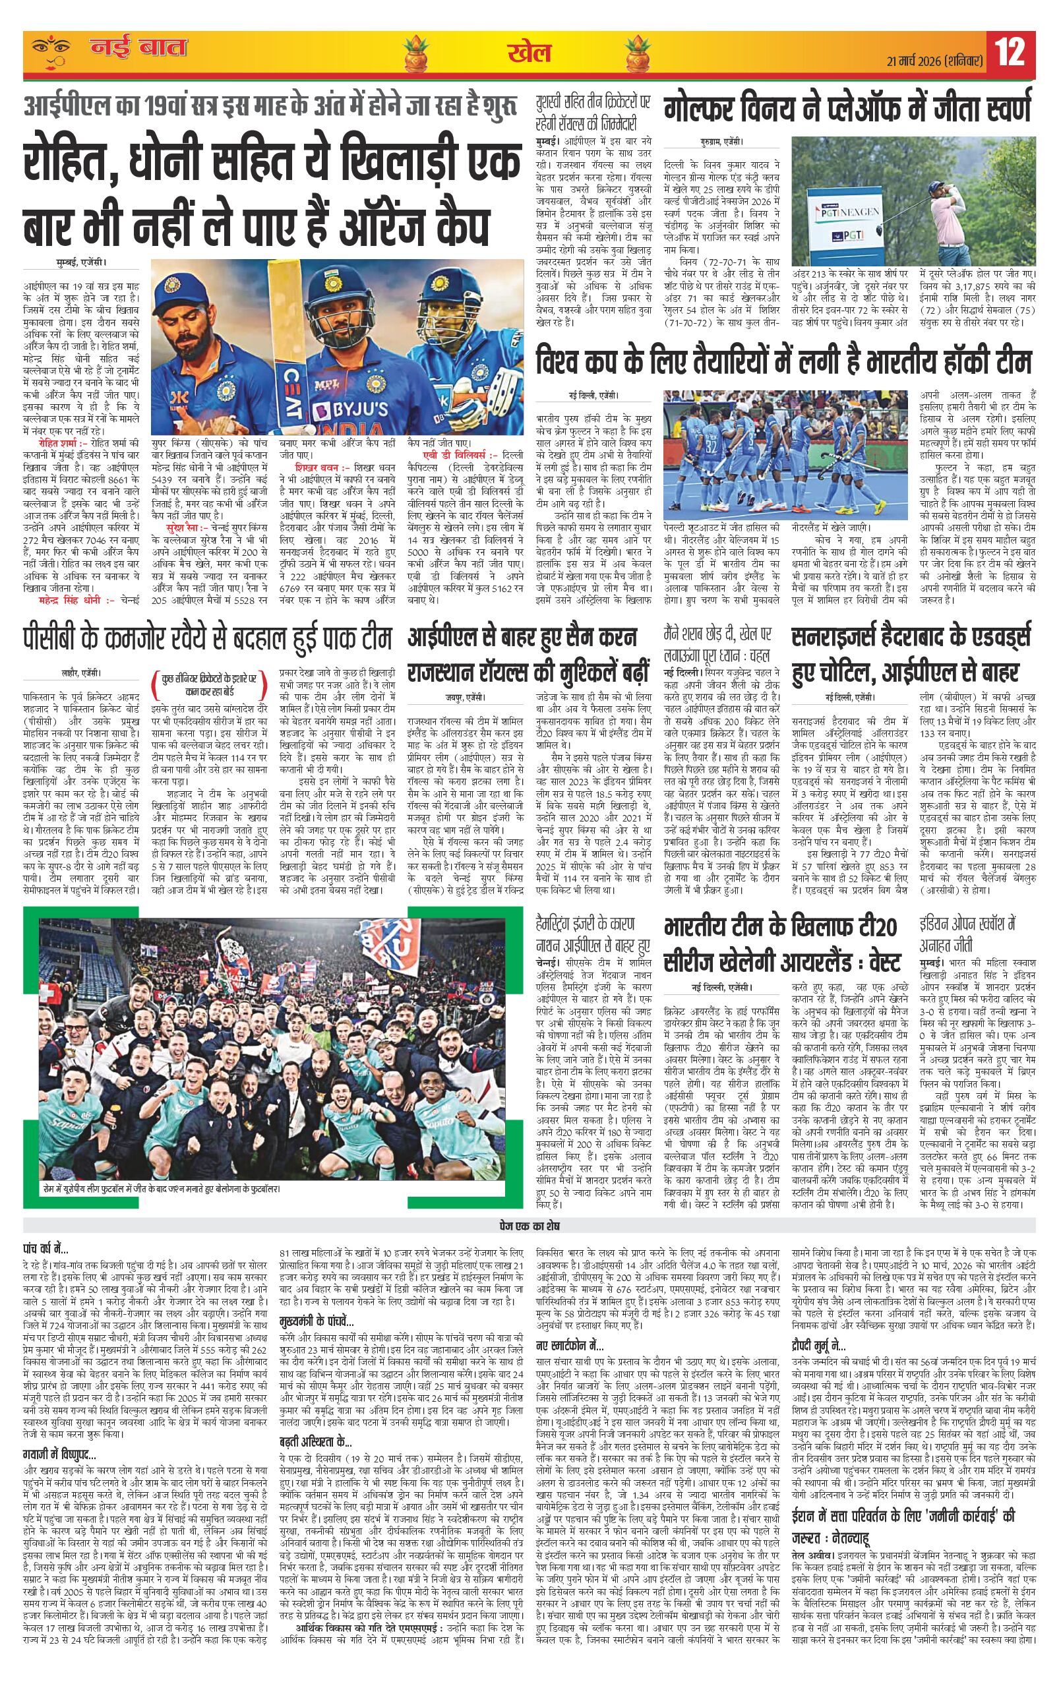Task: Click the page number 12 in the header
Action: (x=1012, y=52)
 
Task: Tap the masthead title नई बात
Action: (x=138, y=49)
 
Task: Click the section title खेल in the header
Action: (x=529, y=54)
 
